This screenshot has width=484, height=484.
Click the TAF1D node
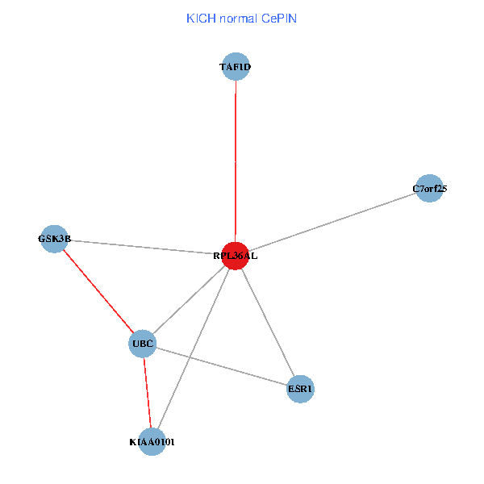pos(236,66)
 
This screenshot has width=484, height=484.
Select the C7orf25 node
pos(430,189)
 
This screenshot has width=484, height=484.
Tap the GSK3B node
pos(53,239)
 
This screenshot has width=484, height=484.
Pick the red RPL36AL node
pos(235,256)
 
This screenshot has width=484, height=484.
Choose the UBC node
pos(143,344)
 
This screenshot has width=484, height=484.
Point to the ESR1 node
pos(300,389)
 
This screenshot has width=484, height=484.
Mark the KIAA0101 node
pos(152,442)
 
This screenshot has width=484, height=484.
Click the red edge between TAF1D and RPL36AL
pos(236,161)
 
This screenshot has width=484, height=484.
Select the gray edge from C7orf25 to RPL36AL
pos(332,222)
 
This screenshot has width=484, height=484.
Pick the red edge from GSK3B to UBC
pos(98,292)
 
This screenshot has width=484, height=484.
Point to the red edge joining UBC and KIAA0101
pos(147,393)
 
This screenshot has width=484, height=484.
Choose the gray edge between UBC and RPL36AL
pos(189,300)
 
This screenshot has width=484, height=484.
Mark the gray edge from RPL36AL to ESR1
pos(267,323)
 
